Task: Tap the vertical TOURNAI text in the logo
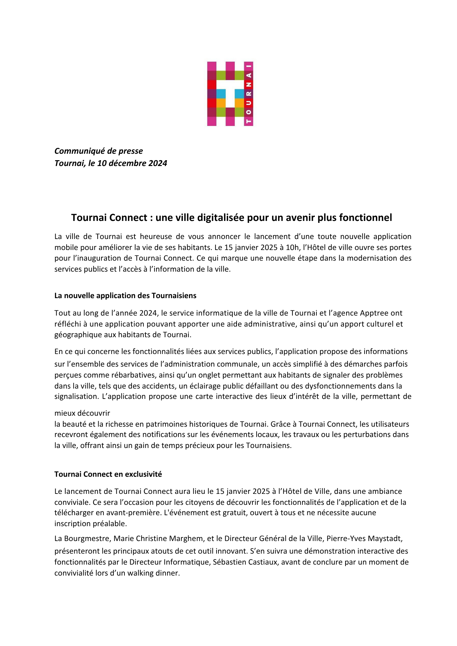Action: [249, 94]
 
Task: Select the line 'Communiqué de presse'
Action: [99, 151]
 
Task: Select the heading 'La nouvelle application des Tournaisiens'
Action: [125, 296]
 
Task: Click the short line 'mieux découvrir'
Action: [82, 413]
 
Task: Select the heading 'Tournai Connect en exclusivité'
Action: [108, 474]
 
